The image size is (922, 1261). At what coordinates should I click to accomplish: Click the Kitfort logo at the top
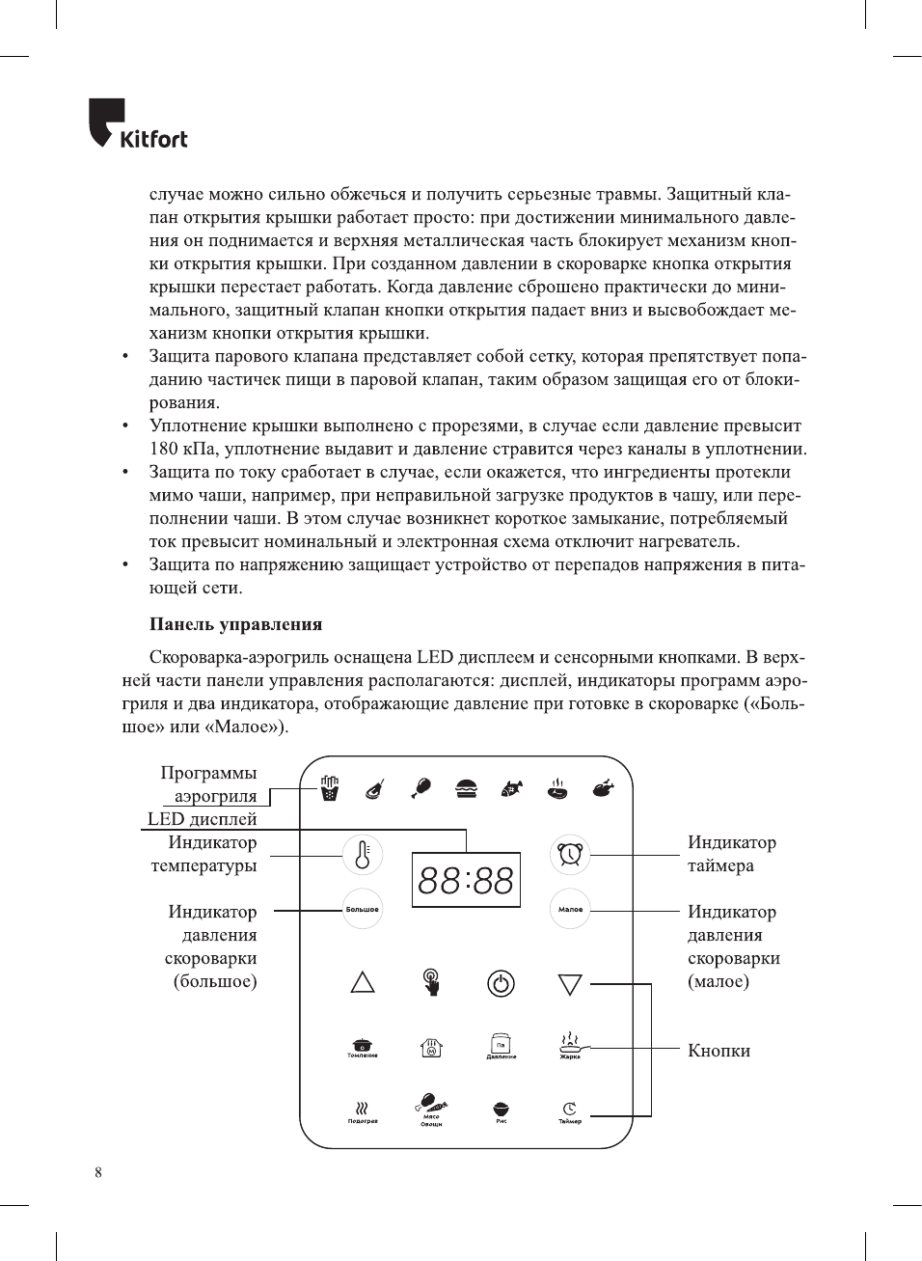(x=138, y=124)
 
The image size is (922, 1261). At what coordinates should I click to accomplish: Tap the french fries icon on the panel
(x=330, y=788)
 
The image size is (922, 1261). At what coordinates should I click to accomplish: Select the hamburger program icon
(x=467, y=788)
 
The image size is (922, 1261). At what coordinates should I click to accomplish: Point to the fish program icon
(x=512, y=788)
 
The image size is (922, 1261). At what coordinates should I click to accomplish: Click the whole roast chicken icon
(x=604, y=788)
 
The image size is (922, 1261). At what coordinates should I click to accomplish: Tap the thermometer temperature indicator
(x=363, y=855)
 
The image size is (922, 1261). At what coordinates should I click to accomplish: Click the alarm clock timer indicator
(x=570, y=855)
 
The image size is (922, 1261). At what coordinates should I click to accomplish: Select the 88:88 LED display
(x=466, y=880)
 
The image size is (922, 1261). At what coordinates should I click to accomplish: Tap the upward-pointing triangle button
(x=363, y=982)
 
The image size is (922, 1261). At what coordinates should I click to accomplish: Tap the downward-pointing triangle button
(x=570, y=984)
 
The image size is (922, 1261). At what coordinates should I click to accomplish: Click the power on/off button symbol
(x=501, y=983)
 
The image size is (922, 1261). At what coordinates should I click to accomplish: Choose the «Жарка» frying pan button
(x=570, y=1044)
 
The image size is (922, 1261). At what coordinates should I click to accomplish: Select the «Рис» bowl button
(x=501, y=1111)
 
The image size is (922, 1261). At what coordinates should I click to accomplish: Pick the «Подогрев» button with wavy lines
(x=363, y=1111)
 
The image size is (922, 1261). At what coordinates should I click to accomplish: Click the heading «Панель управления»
(x=235, y=624)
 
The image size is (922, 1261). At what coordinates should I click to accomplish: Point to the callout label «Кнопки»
(x=719, y=1051)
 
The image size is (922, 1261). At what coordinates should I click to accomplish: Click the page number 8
(x=98, y=1172)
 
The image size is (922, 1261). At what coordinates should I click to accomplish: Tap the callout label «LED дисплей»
(x=203, y=819)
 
